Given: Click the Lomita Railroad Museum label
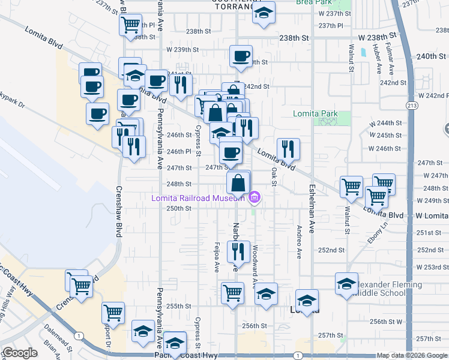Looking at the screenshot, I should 198,197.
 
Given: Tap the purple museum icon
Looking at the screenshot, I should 255,197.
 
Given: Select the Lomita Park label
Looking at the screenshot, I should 315,113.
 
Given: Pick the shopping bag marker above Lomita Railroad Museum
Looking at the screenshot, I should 238,182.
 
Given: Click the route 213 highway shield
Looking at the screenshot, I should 411,106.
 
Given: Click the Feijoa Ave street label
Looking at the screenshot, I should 217,257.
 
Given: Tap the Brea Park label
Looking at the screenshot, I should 311,2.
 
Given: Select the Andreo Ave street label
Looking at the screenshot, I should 298,242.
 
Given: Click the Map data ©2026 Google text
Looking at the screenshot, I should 412,355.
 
